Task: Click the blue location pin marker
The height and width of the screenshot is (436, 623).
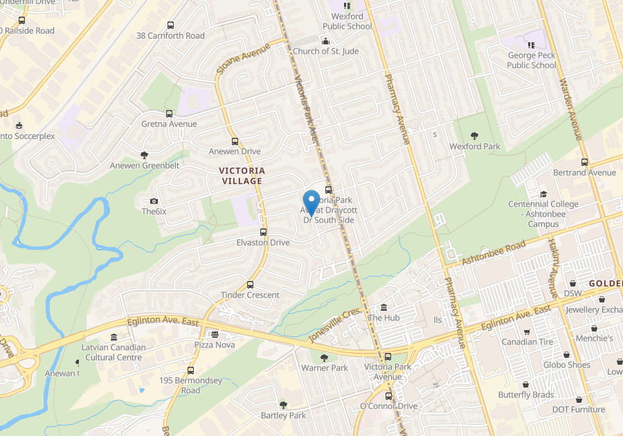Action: (x=311, y=201)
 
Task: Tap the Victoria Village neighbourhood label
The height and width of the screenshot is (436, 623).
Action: (x=242, y=175)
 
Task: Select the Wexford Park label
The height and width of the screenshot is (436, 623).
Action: (x=475, y=147)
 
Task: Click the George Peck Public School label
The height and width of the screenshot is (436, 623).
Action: (x=532, y=60)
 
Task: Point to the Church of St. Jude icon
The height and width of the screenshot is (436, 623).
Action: (x=325, y=40)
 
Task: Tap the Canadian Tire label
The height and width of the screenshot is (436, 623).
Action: (x=528, y=342)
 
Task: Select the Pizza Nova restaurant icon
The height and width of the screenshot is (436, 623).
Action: (x=215, y=334)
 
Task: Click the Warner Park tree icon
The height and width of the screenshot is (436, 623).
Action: (x=325, y=358)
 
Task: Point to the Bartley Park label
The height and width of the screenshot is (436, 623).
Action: (x=283, y=415)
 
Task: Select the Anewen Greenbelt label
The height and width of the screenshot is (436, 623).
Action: (x=145, y=165)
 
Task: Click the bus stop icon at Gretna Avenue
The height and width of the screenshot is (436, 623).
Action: (x=169, y=113)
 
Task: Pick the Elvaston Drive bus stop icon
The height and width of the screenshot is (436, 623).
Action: (x=263, y=233)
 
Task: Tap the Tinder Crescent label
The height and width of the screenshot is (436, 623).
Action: (x=250, y=295)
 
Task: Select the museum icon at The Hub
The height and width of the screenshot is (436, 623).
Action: (x=383, y=307)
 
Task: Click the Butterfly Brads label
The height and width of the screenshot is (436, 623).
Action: (x=526, y=395)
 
